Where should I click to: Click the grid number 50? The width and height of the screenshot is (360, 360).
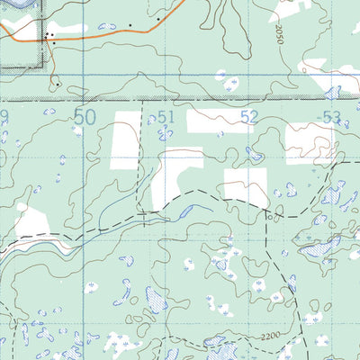coord(85,117)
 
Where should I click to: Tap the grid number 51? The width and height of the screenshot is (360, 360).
coord(165,116)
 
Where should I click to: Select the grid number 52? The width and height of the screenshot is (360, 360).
coord(249,116)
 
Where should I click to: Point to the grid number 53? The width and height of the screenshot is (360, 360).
coord(330,116)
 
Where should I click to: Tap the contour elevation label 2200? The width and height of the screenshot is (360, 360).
coord(263,335)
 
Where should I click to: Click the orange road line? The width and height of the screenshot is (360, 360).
coord(108,33)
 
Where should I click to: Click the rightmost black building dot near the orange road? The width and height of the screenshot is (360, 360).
coord(158,18)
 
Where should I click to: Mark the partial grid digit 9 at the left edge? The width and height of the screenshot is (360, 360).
coord(4,116)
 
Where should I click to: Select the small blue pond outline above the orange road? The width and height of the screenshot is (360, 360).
coord(108,26)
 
